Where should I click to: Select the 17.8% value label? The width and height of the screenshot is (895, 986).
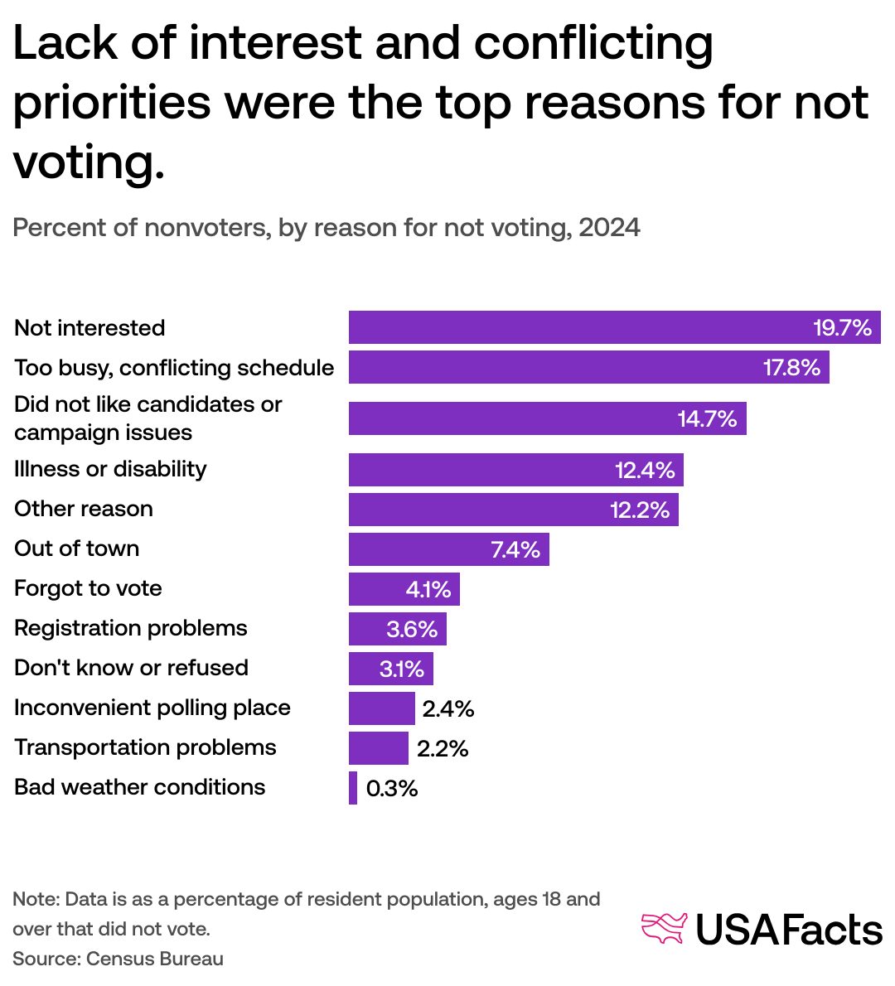[791, 367]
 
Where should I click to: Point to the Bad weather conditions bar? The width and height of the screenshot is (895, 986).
[353, 788]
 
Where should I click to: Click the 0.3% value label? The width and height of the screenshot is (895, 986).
[392, 789]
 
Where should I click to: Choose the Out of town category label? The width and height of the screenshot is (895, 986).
[77, 549]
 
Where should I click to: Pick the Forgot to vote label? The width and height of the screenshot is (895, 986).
[88, 588]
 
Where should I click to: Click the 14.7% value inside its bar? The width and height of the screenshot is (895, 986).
[707, 418]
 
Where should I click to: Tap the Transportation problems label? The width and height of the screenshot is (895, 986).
[145, 747]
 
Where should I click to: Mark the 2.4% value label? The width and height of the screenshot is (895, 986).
[448, 709]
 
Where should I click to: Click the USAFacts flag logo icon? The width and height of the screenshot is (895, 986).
[665, 928]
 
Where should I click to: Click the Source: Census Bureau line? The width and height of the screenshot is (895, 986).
[118, 959]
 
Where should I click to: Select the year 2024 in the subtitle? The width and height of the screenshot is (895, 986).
[609, 228]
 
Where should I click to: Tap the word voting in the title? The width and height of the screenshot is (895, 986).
[83, 162]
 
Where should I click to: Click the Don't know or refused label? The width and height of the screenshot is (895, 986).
[131, 668]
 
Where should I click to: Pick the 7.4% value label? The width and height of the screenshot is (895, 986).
[515, 549]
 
